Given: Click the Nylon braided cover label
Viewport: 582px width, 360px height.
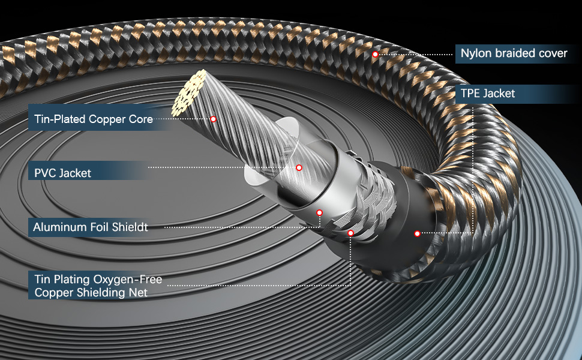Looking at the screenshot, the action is [514, 53].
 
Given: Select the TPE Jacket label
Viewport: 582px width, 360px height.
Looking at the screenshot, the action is [487, 93].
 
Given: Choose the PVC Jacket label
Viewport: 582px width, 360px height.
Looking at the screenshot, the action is [62, 173].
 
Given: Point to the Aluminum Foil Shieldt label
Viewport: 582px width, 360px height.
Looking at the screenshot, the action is [90, 227].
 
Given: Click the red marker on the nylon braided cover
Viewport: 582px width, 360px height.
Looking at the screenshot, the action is [375, 54].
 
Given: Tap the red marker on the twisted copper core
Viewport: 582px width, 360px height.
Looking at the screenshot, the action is [213, 119].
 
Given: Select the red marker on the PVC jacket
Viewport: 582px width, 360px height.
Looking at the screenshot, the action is [299, 167].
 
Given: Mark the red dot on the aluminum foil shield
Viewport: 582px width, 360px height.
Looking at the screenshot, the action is [320, 212].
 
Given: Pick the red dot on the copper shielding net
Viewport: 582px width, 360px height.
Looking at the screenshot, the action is [350, 233].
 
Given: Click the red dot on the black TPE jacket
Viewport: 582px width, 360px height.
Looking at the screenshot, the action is [417, 233].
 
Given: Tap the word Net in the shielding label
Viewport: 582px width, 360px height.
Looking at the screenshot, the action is [138, 293].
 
